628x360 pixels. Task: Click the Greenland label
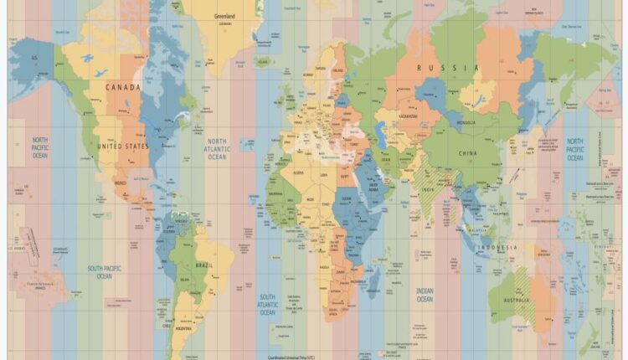[x=224, y=16]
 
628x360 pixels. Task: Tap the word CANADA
[x=122, y=86]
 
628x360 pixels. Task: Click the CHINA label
[x=469, y=154]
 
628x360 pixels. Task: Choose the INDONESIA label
[x=498, y=248]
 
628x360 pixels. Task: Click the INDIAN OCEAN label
[x=425, y=295]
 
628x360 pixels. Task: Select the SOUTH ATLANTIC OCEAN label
[x=267, y=305]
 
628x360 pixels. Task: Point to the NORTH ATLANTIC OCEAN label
[x=217, y=149]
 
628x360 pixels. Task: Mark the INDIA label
[x=427, y=189]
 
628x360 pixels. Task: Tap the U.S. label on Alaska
[x=35, y=58]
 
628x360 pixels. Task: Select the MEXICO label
[x=120, y=183]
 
